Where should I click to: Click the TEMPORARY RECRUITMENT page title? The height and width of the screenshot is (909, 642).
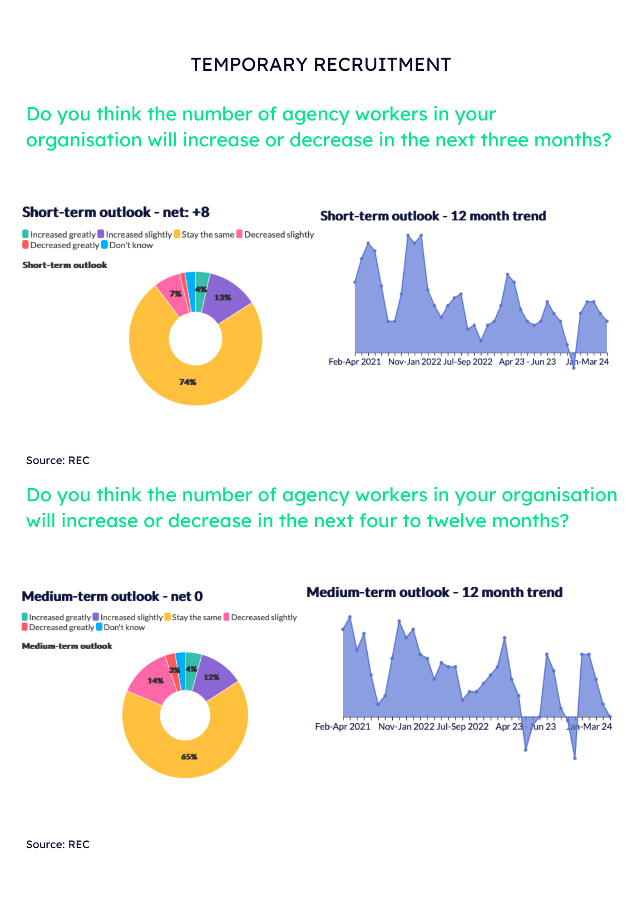(321, 65)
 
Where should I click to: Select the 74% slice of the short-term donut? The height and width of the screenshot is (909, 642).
(188, 382)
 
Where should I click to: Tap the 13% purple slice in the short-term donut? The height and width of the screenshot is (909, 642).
(223, 298)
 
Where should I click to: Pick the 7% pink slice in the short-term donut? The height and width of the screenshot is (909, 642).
(175, 294)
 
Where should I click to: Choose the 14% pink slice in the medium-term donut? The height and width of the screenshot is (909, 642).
(155, 681)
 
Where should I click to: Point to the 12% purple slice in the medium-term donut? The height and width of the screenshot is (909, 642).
(212, 677)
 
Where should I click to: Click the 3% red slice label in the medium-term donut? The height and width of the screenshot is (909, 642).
(174, 670)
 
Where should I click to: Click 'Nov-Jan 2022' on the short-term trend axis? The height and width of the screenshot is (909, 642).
(415, 362)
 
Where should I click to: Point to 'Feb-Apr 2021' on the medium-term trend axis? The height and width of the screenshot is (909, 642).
(343, 726)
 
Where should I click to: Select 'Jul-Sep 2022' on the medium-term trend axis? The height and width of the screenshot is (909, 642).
(462, 726)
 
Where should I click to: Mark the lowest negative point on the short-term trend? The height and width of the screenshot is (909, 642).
(574, 368)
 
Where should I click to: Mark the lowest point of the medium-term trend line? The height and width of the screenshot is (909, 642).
(575, 758)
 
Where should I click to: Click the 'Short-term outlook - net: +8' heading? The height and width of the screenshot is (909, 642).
(116, 212)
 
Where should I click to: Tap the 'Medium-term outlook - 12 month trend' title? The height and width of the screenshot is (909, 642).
(435, 592)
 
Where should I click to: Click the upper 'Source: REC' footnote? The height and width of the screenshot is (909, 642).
(58, 460)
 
